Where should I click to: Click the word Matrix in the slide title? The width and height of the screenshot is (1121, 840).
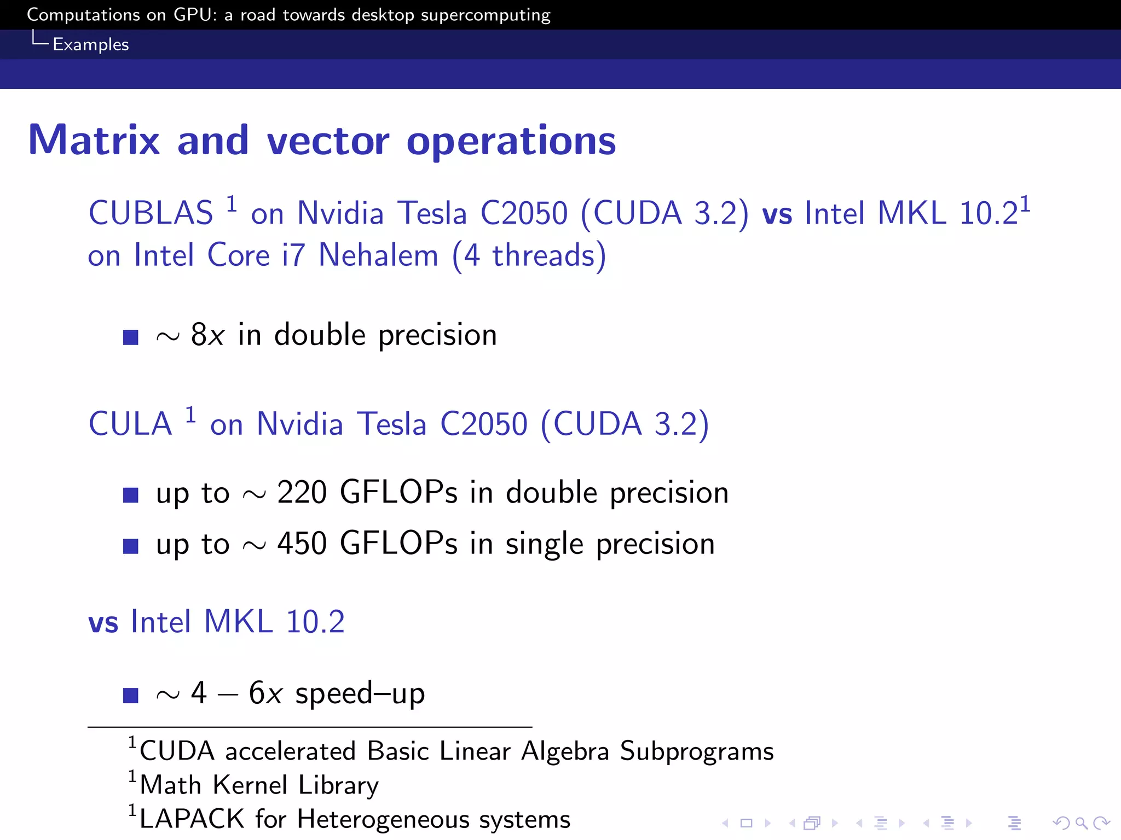tap(94, 141)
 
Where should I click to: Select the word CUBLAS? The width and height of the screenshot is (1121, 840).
tap(151, 213)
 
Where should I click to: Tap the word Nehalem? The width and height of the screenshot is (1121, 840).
tap(378, 255)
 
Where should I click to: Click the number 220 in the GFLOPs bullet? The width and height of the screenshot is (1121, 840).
tap(302, 492)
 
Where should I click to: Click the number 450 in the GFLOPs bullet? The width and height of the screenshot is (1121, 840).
tap(302, 544)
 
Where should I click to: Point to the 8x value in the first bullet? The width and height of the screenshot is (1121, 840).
tap(207, 335)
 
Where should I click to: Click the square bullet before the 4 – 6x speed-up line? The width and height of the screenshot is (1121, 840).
tap(130, 695)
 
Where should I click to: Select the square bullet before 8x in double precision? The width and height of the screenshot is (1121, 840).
tap(130, 337)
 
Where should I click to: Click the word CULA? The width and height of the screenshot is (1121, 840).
tap(130, 424)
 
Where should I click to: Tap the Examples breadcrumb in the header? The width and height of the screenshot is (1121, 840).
tap(90, 44)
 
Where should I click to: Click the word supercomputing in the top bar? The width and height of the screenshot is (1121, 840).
tap(485, 15)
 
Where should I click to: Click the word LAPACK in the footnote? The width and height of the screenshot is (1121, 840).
tap(192, 819)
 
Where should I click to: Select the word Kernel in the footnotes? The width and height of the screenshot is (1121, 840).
tap(250, 785)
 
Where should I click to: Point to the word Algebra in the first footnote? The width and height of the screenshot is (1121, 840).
tap(565, 751)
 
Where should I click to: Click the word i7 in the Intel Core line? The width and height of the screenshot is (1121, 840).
tap(293, 255)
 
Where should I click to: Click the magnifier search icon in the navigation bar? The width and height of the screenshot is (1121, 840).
tap(1081, 822)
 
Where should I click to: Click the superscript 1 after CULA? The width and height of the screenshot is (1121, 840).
tap(190, 415)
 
